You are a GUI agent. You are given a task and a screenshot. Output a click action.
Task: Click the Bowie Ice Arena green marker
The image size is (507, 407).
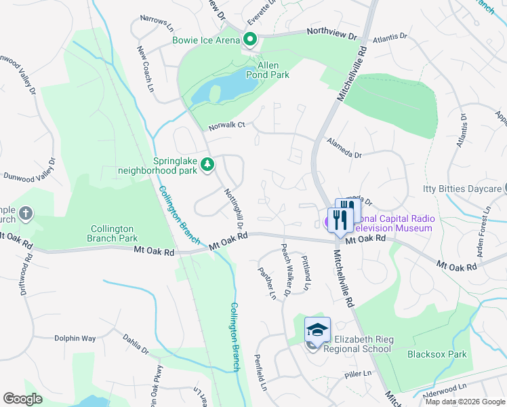click(x=249, y=40)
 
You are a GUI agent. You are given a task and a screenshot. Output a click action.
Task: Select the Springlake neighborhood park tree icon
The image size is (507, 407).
click(x=207, y=165)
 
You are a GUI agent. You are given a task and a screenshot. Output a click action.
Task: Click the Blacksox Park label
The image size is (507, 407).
click(x=437, y=354)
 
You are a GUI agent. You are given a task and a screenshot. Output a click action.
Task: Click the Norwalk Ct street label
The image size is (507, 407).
click(x=226, y=125)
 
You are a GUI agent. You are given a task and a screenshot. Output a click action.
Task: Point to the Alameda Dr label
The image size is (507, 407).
click(x=344, y=149)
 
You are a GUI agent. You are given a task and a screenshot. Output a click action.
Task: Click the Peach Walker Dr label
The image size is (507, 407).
click(x=285, y=270)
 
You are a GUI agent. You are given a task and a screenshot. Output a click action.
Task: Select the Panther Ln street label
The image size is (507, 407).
click(x=267, y=284)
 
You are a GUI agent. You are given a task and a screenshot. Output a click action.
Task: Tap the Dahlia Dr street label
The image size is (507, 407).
click(x=136, y=345)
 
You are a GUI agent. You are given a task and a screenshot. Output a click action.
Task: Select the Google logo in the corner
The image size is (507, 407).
click(x=22, y=399)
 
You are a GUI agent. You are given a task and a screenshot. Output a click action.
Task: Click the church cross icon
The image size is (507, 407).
click(x=25, y=214)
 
